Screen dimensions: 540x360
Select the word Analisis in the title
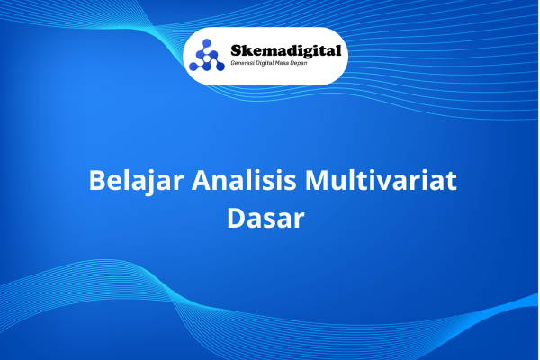pos(244,180)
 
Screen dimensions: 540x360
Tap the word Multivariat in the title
pos(381,180)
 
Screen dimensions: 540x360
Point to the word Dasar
pos(265,218)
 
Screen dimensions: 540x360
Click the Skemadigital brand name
pos(286,51)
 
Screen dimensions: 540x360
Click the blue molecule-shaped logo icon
pos(207,55)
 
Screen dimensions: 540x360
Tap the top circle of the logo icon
pos(207,43)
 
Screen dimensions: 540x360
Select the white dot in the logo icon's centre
pos(207,58)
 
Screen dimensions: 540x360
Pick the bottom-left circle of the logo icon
pos(193,67)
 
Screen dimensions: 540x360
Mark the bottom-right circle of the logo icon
pos(220,67)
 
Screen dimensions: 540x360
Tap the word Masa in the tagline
pos(282,63)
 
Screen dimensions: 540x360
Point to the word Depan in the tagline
pos(298,64)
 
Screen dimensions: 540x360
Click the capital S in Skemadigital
pos(236,51)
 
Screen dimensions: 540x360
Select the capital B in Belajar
pos(97,180)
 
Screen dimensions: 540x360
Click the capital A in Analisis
pos(202,180)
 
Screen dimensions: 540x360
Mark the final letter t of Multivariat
pos(451,181)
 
